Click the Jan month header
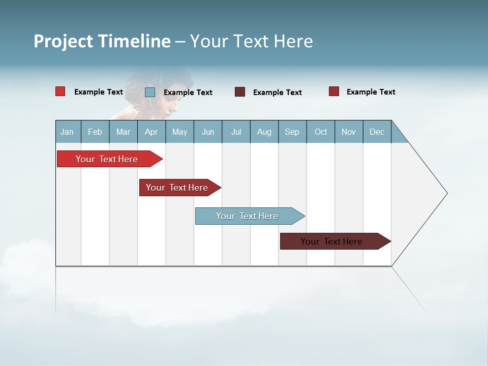click(68, 132)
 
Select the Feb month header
click(95, 132)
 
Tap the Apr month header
click(151, 132)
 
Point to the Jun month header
click(208, 132)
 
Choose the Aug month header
click(264, 132)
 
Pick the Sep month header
click(292, 132)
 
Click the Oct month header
click(321, 132)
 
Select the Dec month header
click(377, 132)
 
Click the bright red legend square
click(60, 91)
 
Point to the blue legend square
click(150, 92)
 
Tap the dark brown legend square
click(240, 92)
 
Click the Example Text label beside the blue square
click(188, 93)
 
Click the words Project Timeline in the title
click(102, 41)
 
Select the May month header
click(179, 132)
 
